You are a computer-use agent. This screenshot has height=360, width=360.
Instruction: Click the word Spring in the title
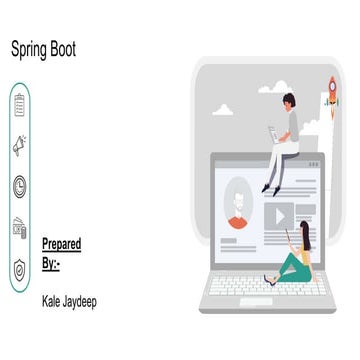pyautogui.click(x=30, y=48)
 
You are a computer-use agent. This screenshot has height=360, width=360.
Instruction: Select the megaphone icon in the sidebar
pyautogui.click(x=20, y=147)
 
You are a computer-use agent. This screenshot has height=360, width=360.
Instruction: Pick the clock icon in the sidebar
pyautogui.click(x=20, y=186)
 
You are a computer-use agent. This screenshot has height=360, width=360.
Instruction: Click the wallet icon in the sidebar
pyautogui.click(x=20, y=227)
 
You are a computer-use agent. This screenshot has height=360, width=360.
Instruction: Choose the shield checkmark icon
pyautogui.click(x=20, y=267)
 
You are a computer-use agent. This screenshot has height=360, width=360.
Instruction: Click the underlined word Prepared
pyautogui.click(x=62, y=243)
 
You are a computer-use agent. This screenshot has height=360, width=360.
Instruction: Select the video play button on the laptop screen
pyautogui.click(x=281, y=214)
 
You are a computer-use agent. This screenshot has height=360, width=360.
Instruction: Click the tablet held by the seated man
pyautogui.click(x=272, y=132)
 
